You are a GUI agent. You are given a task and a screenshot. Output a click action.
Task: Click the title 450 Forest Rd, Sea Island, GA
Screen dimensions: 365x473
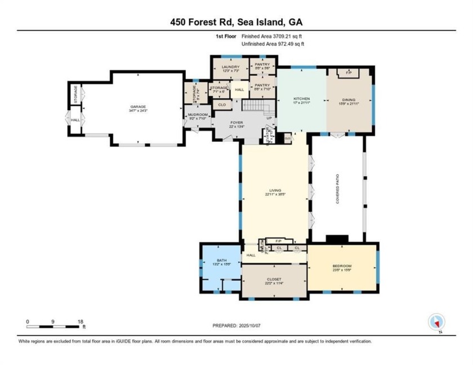click(x=236, y=22)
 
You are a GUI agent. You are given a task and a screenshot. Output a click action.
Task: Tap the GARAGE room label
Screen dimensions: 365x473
click(x=138, y=107)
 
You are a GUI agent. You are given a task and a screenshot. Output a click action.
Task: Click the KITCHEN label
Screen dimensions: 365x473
click(x=302, y=98)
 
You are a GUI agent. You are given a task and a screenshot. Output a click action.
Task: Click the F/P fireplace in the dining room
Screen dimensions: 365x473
click(x=349, y=73)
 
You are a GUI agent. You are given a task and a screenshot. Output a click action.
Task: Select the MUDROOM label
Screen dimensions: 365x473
click(x=198, y=115)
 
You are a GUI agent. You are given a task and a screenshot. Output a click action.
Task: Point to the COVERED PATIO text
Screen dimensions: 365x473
click(x=338, y=191)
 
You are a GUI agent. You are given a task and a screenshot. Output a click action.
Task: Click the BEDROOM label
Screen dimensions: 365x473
click(x=342, y=266)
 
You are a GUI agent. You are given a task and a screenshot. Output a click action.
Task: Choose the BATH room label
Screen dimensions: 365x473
click(x=221, y=260)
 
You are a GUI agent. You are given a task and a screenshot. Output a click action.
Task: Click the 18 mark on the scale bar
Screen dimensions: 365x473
click(x=79, y=322)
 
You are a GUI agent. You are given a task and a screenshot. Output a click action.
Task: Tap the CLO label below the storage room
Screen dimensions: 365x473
click(x=221, y=105)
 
